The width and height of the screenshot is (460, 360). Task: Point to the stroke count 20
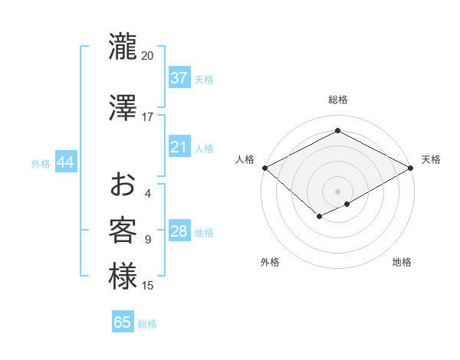coord(147,56)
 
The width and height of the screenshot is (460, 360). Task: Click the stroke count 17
coord(147,117)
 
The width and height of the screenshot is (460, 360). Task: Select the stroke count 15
coord(147,286)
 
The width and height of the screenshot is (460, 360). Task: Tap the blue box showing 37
coord(179,78)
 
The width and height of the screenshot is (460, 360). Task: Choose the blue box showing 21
coord(179,147)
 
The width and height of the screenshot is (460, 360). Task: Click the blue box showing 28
coord(179,231)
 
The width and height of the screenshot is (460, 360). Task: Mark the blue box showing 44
coord(65,162)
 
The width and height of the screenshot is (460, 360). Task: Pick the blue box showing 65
coord(123,322)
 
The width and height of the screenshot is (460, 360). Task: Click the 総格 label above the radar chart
coord(338,100)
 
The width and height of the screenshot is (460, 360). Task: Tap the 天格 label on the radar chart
coord(432,159)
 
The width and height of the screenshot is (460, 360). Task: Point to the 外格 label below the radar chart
coord(270,262)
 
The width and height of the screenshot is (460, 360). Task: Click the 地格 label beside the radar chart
coord(402,262)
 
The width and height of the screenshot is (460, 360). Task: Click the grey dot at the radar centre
coord(337,190)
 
